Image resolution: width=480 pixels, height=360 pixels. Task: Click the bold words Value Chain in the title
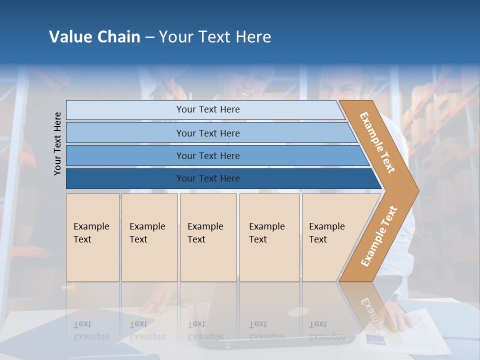[94, 37]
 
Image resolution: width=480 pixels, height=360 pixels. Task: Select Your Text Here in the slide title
[215, 37]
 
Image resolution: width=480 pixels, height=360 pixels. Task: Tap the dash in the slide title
[149, 37]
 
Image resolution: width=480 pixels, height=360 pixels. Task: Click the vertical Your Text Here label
[58, 143]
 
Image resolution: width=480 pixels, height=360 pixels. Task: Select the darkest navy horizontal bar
[207, 178]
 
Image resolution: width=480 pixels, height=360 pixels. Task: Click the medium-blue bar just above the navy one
[207, 156]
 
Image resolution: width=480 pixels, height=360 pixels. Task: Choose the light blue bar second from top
[207, 133]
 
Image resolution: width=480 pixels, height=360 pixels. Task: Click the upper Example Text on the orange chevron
[377, 142]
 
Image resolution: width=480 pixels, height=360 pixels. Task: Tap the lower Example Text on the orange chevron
[379, 236]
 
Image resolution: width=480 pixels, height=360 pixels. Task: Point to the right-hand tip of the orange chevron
[417, 191]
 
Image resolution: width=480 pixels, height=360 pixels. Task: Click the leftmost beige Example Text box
[92, 237]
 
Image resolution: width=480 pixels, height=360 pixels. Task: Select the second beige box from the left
[149, 237]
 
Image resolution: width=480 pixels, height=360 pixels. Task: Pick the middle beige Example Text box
[207, 237]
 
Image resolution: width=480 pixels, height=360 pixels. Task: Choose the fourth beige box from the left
[269, 237]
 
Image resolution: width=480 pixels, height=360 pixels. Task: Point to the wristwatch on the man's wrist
[393, 298]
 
